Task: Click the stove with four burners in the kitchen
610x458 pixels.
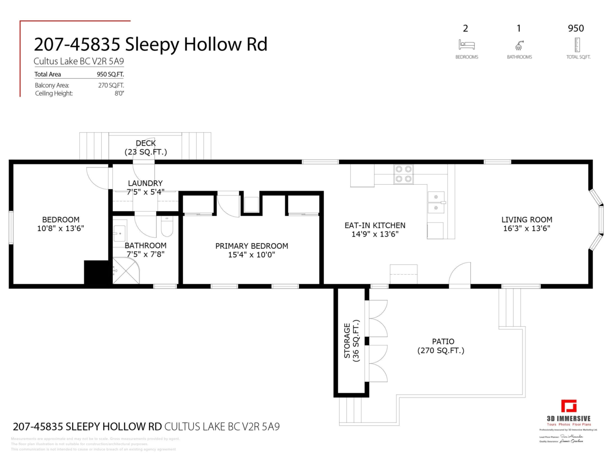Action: tap(404, 174)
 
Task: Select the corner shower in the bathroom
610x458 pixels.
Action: tap(124, 270)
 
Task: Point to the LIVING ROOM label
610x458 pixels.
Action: tap(527, 220)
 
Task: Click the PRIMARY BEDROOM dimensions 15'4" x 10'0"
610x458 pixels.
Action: tap(252, 255)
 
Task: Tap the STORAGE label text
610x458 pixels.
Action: tap(347, 340)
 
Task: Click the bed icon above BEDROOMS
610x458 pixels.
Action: tap(466, 45)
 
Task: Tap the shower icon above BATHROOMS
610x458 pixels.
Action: tap(520, 45)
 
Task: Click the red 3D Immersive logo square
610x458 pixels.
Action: tap(569, 407)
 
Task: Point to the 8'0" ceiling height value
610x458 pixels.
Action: tap(119, 94)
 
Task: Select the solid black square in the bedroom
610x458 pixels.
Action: tap(97, 272)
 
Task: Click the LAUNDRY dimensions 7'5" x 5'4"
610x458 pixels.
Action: tap(145, 192)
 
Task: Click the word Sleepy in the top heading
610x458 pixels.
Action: tap(150, 45)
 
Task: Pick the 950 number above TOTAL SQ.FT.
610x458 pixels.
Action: tap(575, 28)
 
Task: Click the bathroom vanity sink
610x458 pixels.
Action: tap(119, 234)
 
